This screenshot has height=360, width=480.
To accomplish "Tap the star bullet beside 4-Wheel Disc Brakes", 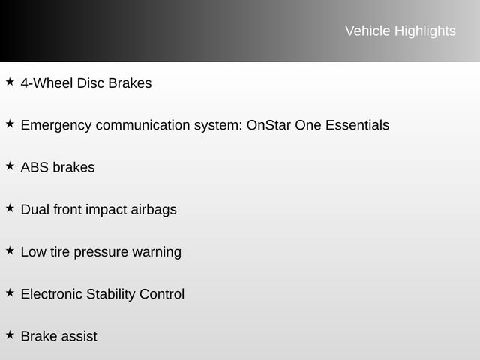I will click(10, 81).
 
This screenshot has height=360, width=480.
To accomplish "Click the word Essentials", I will click(357, 125).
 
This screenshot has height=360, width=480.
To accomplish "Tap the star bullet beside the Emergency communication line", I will click(10, 123).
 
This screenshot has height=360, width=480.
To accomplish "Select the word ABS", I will click(34, 167).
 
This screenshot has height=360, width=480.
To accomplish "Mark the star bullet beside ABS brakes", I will click(10, 165).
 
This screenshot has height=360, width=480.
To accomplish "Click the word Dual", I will click(34, 209).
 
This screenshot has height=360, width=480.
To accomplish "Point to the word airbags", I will click(154, 210).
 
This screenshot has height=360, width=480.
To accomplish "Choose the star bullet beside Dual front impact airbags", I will click(10, 207).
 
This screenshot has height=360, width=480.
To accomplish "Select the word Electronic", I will click(52, 294).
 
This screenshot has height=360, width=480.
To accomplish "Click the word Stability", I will click(111, 294).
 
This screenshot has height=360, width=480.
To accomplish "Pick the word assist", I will click(79, 336).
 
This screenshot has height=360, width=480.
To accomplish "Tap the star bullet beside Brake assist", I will click(10, 334).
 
